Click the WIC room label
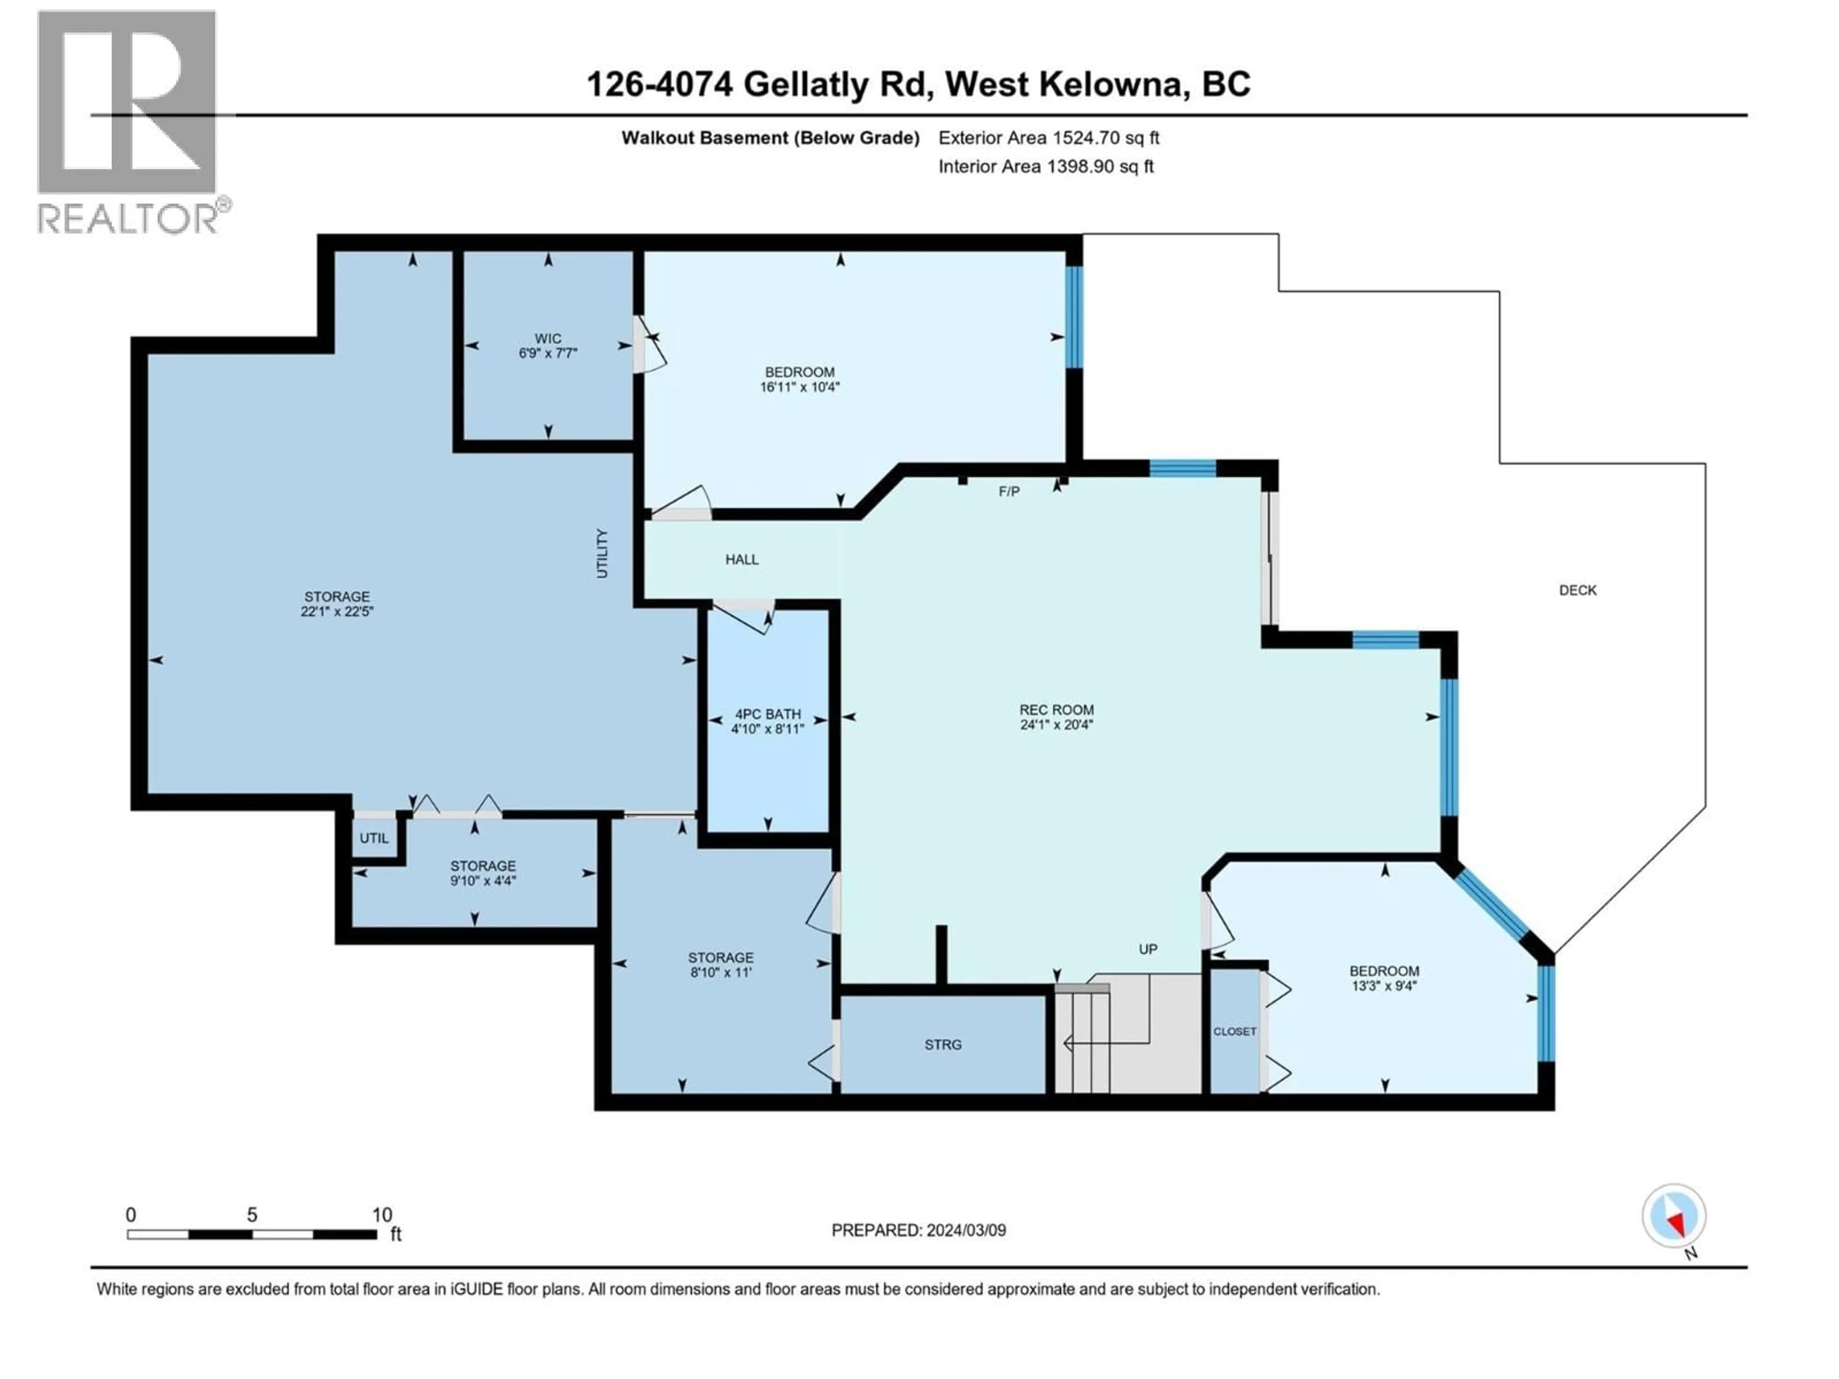[548, 339]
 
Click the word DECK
[1577, 590]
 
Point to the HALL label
[741, 559]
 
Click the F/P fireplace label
[1009, 491]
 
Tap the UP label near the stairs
[1147, 949]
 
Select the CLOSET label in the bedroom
[1235, 1031]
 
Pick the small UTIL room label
[374, 838]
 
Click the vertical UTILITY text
[602, 554]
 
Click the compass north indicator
[1674, 1217]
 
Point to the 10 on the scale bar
[382, 1215]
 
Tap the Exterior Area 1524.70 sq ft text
[1048, 138]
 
